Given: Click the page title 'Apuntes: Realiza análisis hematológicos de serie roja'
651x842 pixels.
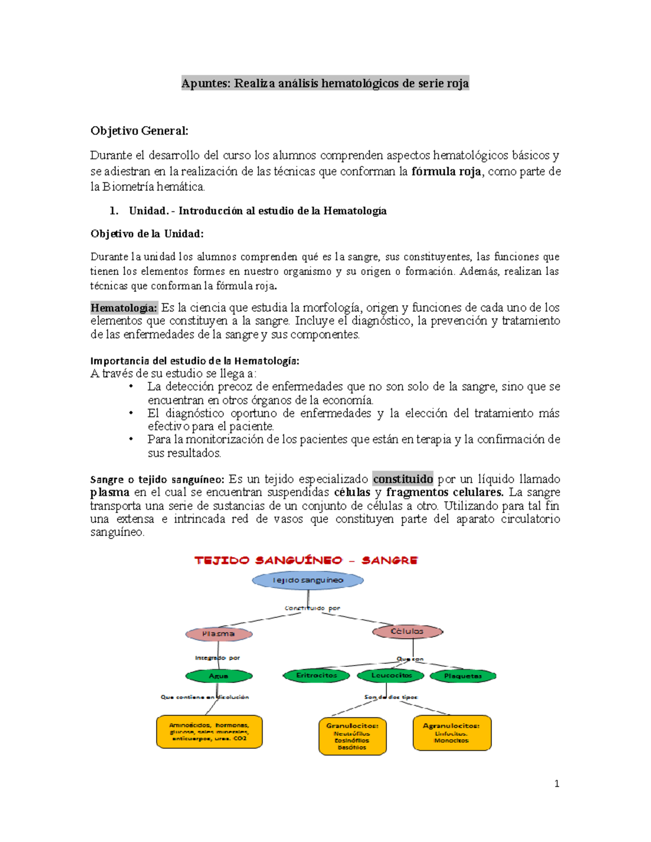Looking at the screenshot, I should (x=325, y=83).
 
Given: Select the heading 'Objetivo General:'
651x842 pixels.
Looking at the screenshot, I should (x=139, y=131).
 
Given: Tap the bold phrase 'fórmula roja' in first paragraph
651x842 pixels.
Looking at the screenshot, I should (x=446, y=172).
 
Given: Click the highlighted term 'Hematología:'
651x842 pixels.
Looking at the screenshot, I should (x=124, y=308).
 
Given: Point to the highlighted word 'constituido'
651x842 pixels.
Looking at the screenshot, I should (x=403, y=479).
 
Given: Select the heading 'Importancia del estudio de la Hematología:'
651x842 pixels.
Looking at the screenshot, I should (x=194, y=361).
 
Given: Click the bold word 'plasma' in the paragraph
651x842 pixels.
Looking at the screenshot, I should (x=110, y=492).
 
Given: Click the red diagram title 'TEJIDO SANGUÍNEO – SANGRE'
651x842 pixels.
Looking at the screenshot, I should (x=306, y=561).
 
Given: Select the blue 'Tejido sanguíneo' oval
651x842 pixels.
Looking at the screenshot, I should (x=308, y=580).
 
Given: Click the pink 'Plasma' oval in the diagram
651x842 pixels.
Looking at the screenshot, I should (x=219, y=634).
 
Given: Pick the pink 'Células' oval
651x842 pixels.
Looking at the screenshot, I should (x=407, y=632).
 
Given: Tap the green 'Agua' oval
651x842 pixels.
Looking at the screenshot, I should (x=219, y=676).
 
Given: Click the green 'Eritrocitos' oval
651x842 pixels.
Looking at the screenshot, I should (x=317, y=676).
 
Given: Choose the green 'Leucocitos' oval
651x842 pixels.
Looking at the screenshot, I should (x=392, y=676).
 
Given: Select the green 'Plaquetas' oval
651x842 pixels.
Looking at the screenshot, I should (x=463, y=676).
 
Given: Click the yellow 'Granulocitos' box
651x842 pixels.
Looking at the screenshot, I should (x=353, y=736).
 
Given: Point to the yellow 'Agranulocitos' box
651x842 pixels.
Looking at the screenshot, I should (x=452, y=733).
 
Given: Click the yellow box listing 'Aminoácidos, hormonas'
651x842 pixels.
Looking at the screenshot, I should (x=209, y=731).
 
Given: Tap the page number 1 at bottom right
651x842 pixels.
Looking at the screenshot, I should (x=557, y=783).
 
